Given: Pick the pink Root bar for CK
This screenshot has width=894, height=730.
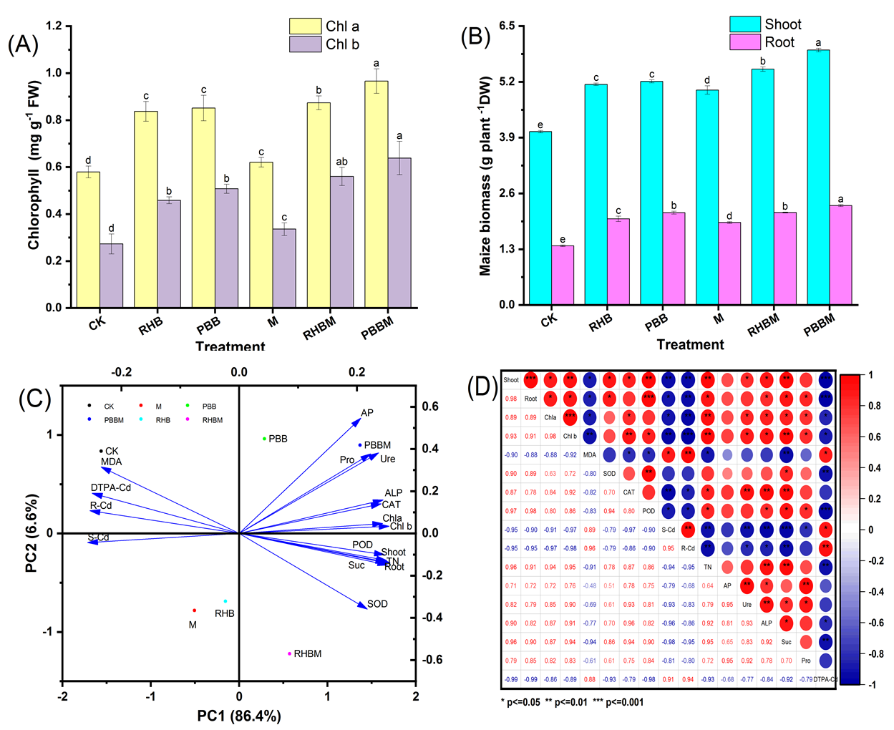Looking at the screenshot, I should click(x=563, y=276).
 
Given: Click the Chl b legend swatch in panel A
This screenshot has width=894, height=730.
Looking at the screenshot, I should click(x=305, y=44).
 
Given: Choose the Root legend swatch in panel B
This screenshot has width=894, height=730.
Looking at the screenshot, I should click(x=744, y=43).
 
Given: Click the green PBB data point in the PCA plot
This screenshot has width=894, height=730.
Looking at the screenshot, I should click(x=265, y=439).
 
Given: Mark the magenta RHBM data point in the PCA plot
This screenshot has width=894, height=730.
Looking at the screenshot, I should click(x=290, y=653).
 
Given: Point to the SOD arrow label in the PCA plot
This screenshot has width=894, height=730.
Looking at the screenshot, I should click(x=377, y=604).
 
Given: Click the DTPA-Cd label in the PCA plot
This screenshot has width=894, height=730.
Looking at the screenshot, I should click(x=111, y=488).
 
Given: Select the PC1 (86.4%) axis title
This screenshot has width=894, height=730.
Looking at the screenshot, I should click(x=239, y=716).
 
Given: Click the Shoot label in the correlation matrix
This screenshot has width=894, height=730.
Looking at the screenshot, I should click(x=511, y=380).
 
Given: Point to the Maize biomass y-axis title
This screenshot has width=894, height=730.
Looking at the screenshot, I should click(x=486, y=175).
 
